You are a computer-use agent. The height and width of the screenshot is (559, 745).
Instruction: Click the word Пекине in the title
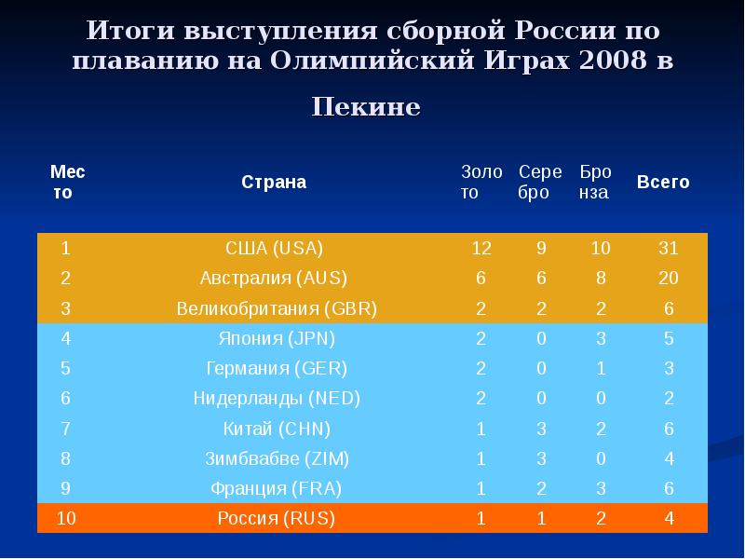[x=366, y=106]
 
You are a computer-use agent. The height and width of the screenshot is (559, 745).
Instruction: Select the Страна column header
[x=274, y=182]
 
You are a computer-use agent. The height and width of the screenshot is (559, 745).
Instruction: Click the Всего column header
[x=663, y=182]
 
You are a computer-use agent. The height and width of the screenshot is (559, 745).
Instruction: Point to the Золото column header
[x=481, y=182]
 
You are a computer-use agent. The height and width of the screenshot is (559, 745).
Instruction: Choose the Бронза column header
[x=596, y=182]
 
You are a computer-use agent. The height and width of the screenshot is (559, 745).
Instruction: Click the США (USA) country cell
[x=275, y=249]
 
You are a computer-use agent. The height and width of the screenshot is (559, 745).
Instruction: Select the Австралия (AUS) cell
[x=274, y=278]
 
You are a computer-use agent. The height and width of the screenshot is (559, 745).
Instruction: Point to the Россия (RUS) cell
[x=276, y=518]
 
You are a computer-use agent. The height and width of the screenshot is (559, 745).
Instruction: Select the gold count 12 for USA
[x=481, y=249]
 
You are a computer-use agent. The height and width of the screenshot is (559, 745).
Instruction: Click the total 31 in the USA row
[x=669, y=249]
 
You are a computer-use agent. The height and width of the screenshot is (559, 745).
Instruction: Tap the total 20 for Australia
[x=669, y=278]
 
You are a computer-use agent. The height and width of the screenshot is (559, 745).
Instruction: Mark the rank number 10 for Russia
[x=66, y=518]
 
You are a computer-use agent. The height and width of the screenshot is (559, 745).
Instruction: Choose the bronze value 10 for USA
[x=601, y=249]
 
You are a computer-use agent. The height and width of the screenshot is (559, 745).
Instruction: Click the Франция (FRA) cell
[x=276, y=488]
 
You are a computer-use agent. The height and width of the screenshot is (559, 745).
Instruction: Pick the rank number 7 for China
[x=66, y=429]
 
